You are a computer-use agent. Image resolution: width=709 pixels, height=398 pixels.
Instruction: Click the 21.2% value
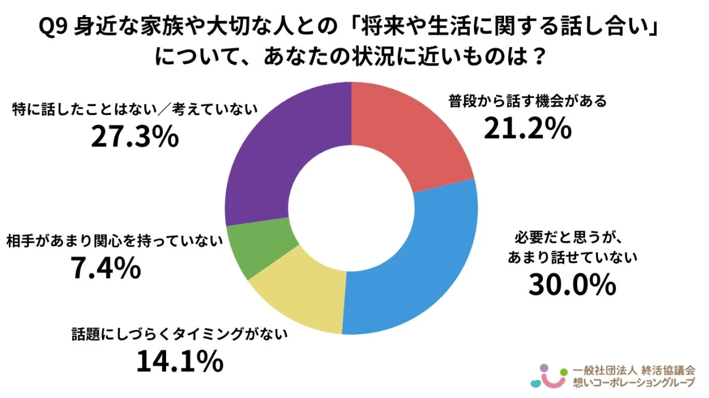527,128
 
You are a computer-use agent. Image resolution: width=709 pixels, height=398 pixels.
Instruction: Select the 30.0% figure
572,285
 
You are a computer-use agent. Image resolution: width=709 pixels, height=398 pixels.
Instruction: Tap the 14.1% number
179,361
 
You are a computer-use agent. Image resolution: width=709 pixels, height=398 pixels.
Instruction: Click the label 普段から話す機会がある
527,102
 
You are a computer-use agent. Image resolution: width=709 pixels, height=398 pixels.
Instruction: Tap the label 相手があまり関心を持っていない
115,242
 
